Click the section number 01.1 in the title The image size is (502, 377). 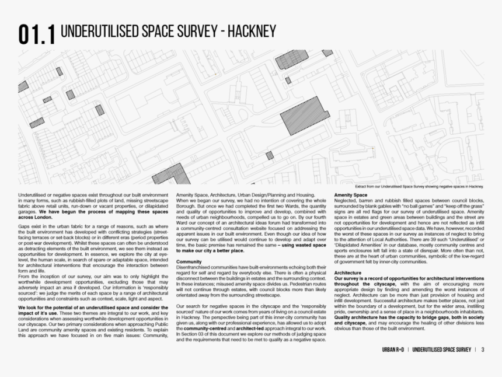tap(36, 34)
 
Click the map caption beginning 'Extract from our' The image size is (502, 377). tap(419, 187)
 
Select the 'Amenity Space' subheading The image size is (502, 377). tap(350, 194)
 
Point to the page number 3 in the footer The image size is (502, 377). tap(483, 350)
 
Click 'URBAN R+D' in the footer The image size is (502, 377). tap(388, 350)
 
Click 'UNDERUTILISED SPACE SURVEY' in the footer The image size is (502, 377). tap(441, 350)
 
